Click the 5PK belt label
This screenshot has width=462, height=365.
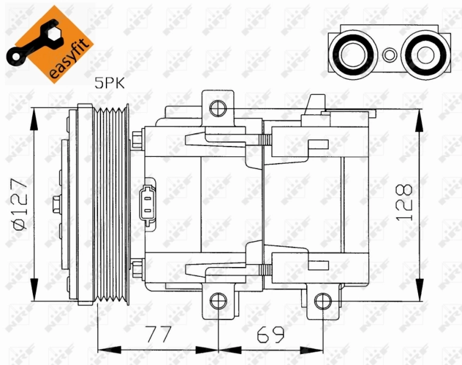(x=109, y=83)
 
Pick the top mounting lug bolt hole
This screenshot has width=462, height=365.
(x=217, y=108)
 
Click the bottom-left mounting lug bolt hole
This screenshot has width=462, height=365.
(x=217, y=301)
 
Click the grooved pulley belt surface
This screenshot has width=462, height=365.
(x=113, y=204)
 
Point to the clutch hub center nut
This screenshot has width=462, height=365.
(x=56, y=203)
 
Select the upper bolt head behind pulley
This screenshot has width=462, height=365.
(x=137, y=142)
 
